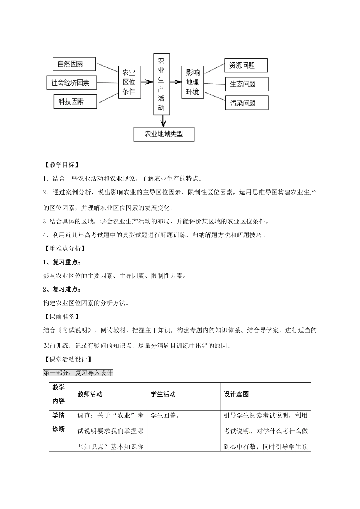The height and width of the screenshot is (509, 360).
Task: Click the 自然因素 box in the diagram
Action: [x=74, y=64]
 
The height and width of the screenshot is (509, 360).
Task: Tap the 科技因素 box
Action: [x=75, y=101]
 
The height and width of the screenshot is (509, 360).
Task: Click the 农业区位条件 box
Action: [x=129, y=82]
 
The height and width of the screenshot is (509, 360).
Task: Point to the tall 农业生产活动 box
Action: [x=161, y=84]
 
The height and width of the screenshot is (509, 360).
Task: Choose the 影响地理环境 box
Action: [x=193, y=82]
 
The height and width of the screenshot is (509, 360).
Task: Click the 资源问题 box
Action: [x=246, y=66]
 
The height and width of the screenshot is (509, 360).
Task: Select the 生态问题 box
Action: [x=247, y=84]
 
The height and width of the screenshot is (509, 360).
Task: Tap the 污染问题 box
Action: [x=247, y=103]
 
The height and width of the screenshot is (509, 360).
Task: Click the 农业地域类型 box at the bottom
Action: [x=164, y=134]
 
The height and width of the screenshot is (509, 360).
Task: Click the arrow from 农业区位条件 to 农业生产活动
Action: [x=146, y=81]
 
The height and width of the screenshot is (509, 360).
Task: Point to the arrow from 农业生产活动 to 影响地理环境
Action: [x=175, y=81]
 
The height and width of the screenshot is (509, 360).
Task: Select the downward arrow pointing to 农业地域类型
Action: [x=163, y=120]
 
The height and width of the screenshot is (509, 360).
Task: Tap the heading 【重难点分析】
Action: [x=64, y=248]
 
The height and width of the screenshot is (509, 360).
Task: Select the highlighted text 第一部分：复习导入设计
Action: [x=78, y=373]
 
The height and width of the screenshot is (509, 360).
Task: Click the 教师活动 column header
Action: [x=90, y=394]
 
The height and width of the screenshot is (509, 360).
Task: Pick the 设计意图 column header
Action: [x=236, y=394]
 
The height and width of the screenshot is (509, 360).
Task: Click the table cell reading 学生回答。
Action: [x=165, y=416]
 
